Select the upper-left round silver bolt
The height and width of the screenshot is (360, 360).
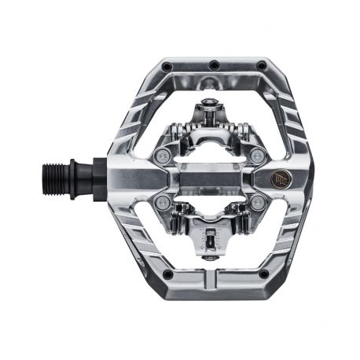(163, 156)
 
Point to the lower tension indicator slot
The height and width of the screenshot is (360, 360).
(213, 237)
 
